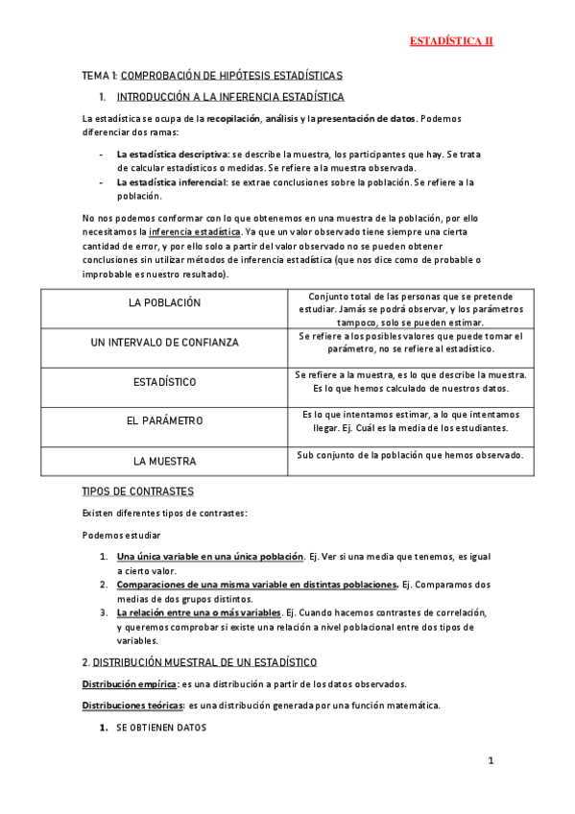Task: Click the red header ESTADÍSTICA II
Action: click(451, 41)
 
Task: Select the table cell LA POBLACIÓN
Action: click(164, 302)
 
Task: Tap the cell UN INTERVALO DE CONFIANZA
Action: click(164, 342)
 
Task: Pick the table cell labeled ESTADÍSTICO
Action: click(164, 382)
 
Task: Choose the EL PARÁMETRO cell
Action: click(164, 420)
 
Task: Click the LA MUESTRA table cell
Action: click(164, 460)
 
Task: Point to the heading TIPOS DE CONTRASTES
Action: click(138, 491)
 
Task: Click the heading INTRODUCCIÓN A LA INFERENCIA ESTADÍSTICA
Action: click(229, 97)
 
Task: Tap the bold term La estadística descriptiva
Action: click(173, 154)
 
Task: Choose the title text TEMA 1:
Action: click(100, 75)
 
